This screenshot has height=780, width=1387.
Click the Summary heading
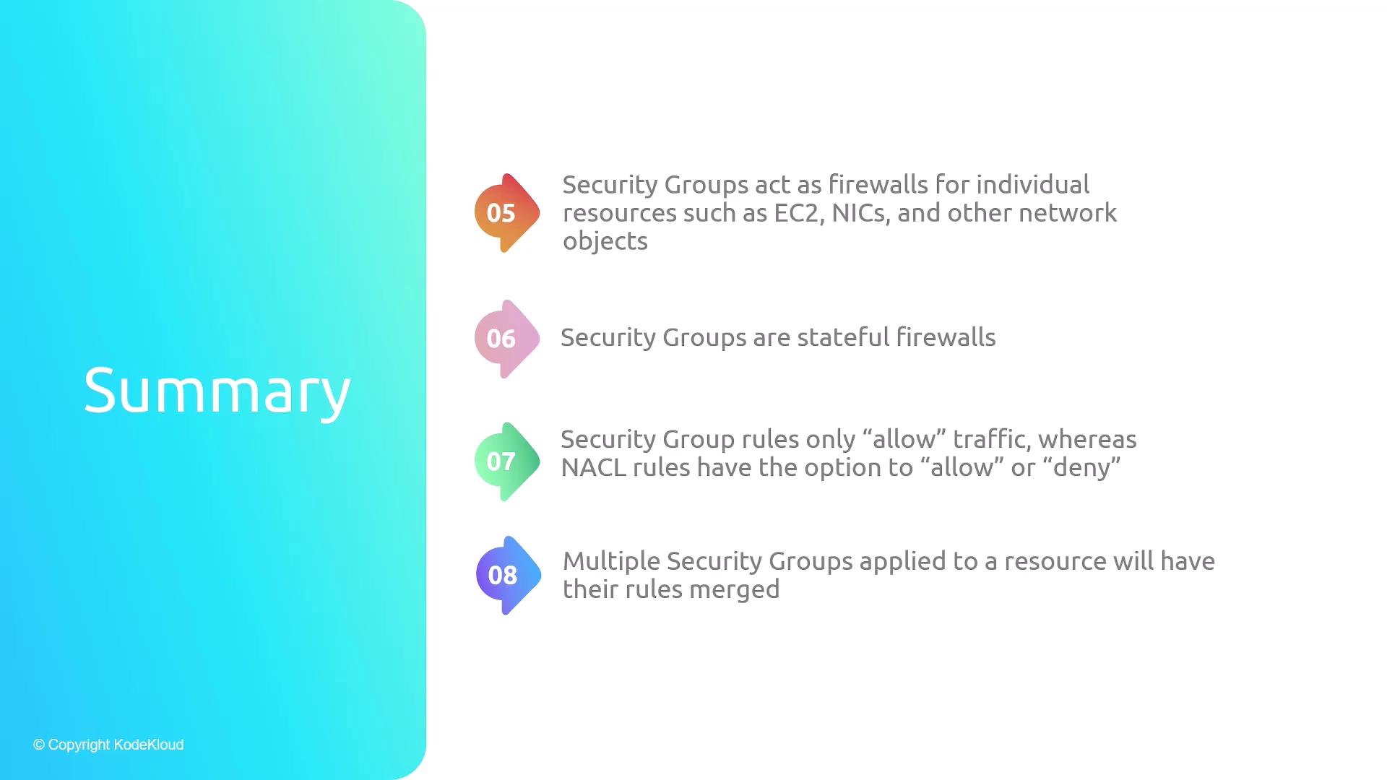pyautogui.click(x=217, y=391)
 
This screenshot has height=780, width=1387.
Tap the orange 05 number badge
pyautogui.click(x=506, y=213)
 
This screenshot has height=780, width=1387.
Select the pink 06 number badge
pyautogui.click(x=506, y=339)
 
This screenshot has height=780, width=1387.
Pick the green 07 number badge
pyautogui.click(x=506, y=461)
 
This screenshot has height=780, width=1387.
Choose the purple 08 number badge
pyautogui.click(x=508, y=576)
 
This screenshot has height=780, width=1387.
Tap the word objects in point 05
pyautogui.click(x=605, y=241)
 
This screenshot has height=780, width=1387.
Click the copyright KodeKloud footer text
pyautogui.click(x=108, y=745)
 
